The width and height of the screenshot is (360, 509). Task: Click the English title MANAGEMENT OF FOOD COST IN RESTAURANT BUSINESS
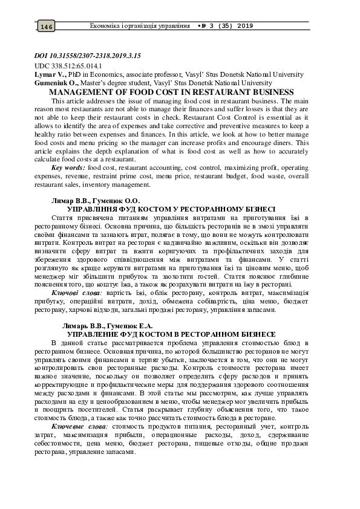tap(175, 92)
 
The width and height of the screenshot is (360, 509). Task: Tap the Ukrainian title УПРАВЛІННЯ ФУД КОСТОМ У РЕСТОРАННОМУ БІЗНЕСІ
tap(171, 207)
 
